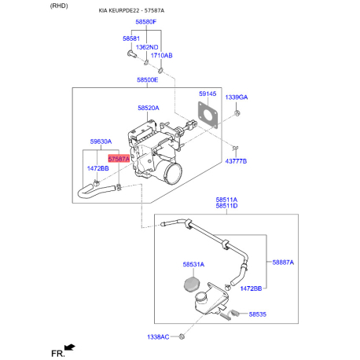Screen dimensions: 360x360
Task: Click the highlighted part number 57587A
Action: coord(119,159)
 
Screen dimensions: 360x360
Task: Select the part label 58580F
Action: coord(146,22)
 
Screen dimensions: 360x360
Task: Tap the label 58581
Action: coord(131,39)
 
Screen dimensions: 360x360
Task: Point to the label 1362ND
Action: coord(147,47)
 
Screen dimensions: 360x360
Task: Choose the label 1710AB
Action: coord(161,56)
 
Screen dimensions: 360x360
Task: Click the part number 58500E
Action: coord(148,79)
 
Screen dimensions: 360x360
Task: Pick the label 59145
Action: coord(208,94)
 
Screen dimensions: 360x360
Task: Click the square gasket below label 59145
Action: coord(208,115)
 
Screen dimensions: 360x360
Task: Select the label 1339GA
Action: coord(237,97)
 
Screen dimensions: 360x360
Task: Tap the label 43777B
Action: coord(236,161)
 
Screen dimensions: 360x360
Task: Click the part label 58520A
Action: coord(149,108)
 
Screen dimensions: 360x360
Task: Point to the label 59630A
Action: coord(101,141)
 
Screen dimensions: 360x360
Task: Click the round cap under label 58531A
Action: coord(192,284)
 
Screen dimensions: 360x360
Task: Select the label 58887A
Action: coord(283,263)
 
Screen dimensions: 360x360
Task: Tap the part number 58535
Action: coord(258,314)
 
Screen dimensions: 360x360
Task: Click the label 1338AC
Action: coord(158,337)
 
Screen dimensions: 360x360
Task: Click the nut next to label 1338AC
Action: coord(182,336)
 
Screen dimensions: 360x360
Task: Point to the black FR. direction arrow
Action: coord(70,347)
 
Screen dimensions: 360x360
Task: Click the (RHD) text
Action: coord(59,6)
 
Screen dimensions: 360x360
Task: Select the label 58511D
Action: coord(226,206)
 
